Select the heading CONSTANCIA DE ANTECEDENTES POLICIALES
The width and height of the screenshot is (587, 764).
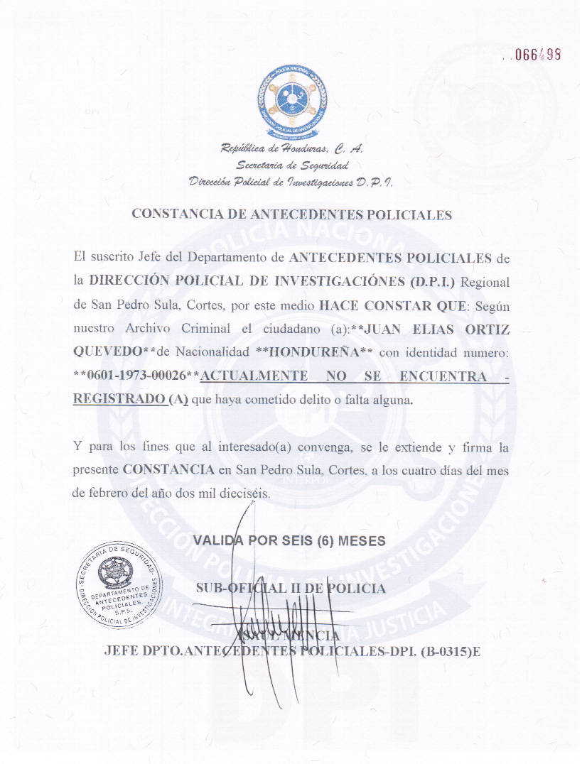tap(292, 215)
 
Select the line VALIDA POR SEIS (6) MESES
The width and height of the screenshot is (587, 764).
tap(290, 540)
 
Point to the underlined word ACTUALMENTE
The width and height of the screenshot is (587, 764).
tap(254, 376)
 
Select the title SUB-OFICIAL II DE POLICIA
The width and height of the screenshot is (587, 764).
tap(291, 588)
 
